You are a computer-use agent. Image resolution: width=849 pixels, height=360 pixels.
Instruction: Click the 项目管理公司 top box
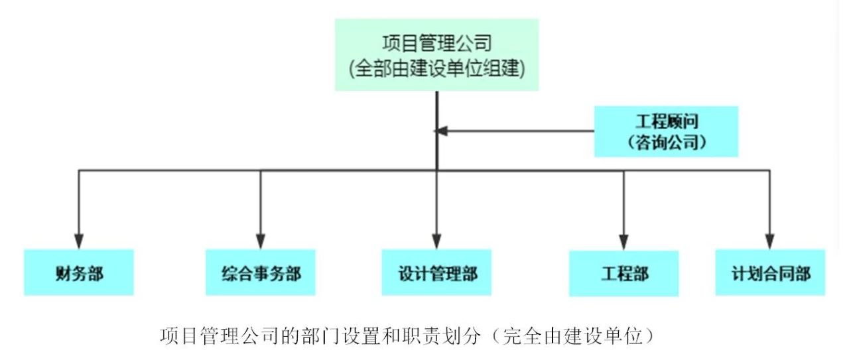pos(436,55)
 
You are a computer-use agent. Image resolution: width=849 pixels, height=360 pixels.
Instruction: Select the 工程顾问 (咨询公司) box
pos(666,132)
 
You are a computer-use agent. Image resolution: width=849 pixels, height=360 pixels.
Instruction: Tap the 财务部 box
pos(79,272)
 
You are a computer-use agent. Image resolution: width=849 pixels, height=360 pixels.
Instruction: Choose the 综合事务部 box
pos(261,272)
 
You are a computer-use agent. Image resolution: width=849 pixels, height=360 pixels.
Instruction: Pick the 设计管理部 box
pos(436,272)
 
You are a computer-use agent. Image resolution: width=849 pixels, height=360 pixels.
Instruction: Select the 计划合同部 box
pos(770,272)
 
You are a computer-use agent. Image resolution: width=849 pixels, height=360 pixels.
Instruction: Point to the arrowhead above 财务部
pos(79,242)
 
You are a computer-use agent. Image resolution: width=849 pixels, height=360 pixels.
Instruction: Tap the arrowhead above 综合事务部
pos(261,242)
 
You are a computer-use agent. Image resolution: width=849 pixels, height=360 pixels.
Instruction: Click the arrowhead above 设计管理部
pos(436,242)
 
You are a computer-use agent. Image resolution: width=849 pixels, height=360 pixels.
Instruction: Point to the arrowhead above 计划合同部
pos(770,242)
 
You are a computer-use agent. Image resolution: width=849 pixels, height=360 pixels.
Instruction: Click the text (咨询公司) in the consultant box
pos(665,142)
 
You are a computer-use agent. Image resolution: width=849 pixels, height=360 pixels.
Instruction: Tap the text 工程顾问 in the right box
pos(666,121)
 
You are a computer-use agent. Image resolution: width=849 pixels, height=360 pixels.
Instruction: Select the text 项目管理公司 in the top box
pos(436,44)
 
